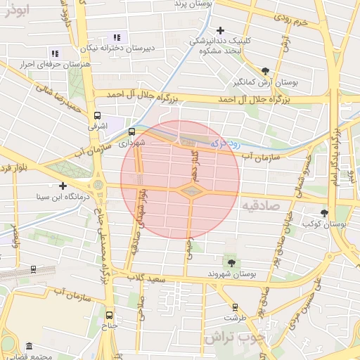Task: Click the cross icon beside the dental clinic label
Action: click(221, 30)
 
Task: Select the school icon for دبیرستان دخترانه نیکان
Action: click(117, 37)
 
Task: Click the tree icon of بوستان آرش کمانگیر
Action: click(265, 70)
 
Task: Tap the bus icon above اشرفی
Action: click(97, 116)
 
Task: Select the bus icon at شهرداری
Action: click(131, 131)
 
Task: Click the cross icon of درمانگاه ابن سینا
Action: click(63, 186)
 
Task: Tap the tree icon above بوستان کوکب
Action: click(324, 212)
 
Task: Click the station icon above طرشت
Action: click(234, 307)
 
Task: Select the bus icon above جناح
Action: click(109, 315)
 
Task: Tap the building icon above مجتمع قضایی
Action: click(29, 346)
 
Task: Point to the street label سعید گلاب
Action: click(146, 278)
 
